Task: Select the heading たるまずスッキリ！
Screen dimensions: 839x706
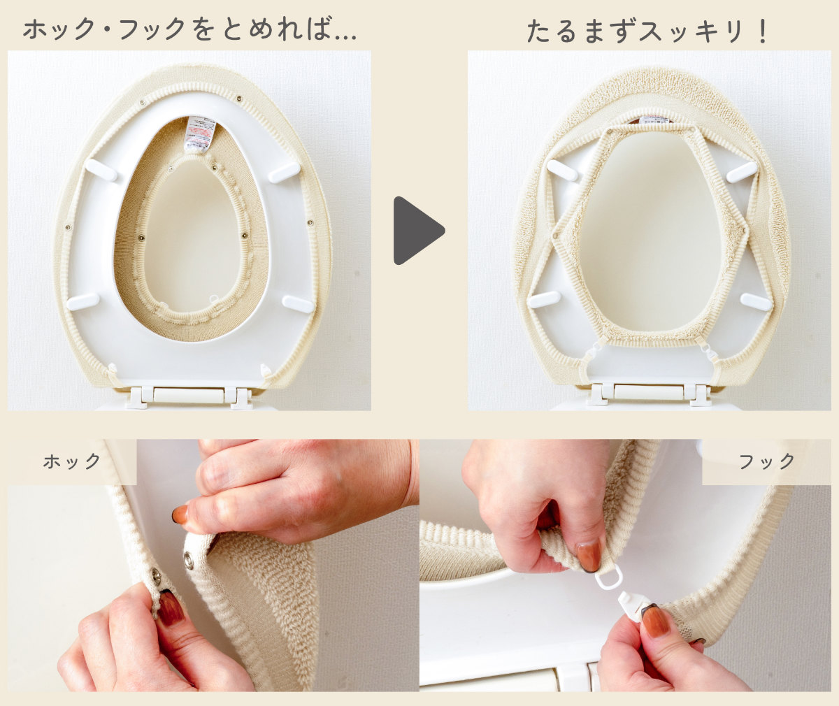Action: (647, 31)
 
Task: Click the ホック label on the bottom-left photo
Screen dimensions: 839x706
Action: (71, 461)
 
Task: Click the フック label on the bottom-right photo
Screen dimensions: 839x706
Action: (767, 461)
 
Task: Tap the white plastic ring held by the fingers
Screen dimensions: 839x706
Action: (609, 579)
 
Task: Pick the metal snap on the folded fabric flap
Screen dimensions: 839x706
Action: (188, 558)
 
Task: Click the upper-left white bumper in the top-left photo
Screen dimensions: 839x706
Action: (101, 170)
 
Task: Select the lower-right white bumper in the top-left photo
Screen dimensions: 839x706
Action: (298, 303)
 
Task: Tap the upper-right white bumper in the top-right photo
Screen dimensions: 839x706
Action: (742, 172)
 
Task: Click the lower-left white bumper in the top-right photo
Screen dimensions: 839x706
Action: (544, 300)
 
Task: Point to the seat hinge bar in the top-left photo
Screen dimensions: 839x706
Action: (189, 396)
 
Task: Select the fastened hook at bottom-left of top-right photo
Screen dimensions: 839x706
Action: (589, 356)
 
